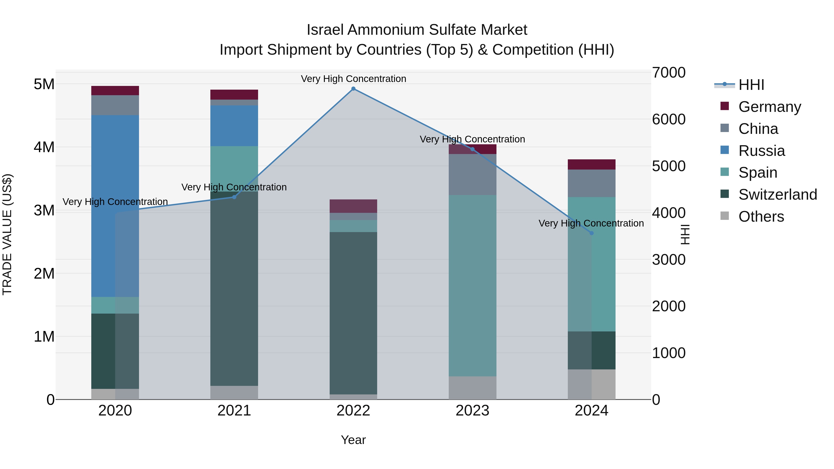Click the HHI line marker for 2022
(x=353, y=89)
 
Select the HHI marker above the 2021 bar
(x=234, y=197)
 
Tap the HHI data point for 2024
(x=591, y=233)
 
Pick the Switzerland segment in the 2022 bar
(x=353, y=313)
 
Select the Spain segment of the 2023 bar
(x=472, y=286)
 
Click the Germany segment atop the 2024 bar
(x=591, y=164)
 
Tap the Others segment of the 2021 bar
(x=234, y=392)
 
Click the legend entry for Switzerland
(x=777, y=195)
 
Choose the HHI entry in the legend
(x=751, y=85)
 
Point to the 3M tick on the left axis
(x=44, y=210)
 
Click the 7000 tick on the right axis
(x=669, y=72)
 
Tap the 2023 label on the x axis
(x=472, y=411)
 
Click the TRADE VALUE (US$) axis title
(x=7, y=234)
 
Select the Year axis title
(x=353, y=440)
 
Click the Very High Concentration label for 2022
(x=353, y=79)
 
